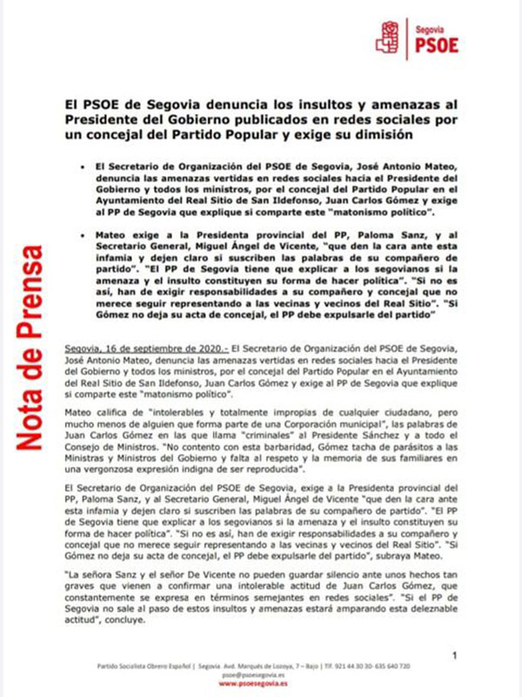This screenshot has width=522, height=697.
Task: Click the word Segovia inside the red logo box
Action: pos(432,27)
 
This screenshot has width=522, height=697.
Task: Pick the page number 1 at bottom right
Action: pos(455,654)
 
